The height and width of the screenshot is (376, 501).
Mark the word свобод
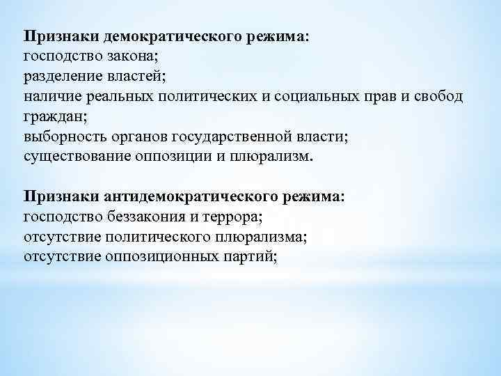pyautogui.click(x=436, y=95)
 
